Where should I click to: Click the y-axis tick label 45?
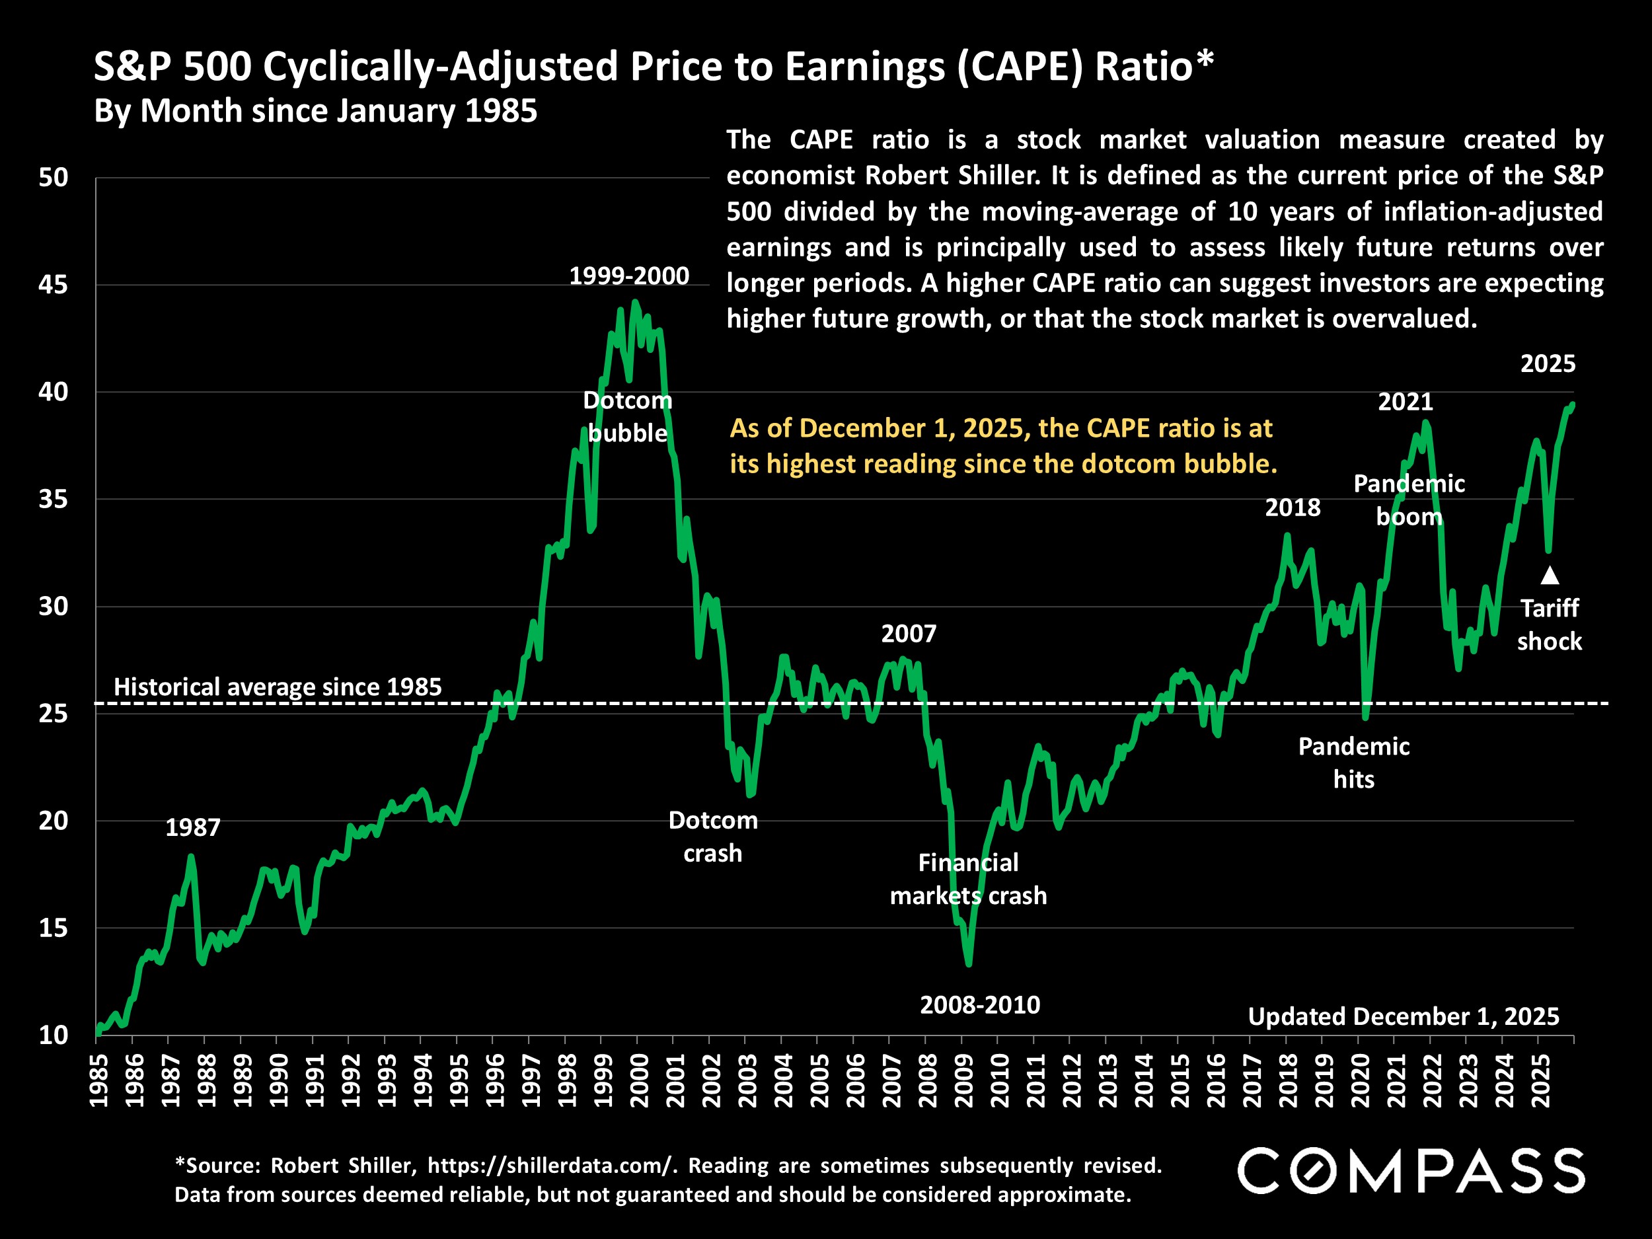(52, 285)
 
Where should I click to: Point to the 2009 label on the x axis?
(963, 1080)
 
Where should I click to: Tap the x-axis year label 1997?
(530, 1080)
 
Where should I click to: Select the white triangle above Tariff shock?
(1550, 575)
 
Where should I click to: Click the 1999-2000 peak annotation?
(629, 276)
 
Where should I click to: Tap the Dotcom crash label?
(712, 837)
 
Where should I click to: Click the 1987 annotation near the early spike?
(193, 827)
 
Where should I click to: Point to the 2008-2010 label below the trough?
(980, 1005)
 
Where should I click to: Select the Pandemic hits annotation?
(1353, 763)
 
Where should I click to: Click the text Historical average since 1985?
(278, 687)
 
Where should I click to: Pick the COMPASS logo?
(1411, 1171)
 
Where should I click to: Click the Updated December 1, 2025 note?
(1404, 1016)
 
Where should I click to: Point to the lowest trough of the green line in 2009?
(969, 964)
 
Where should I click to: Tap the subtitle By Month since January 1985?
(315, 111)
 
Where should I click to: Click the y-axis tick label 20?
(52, 821)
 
